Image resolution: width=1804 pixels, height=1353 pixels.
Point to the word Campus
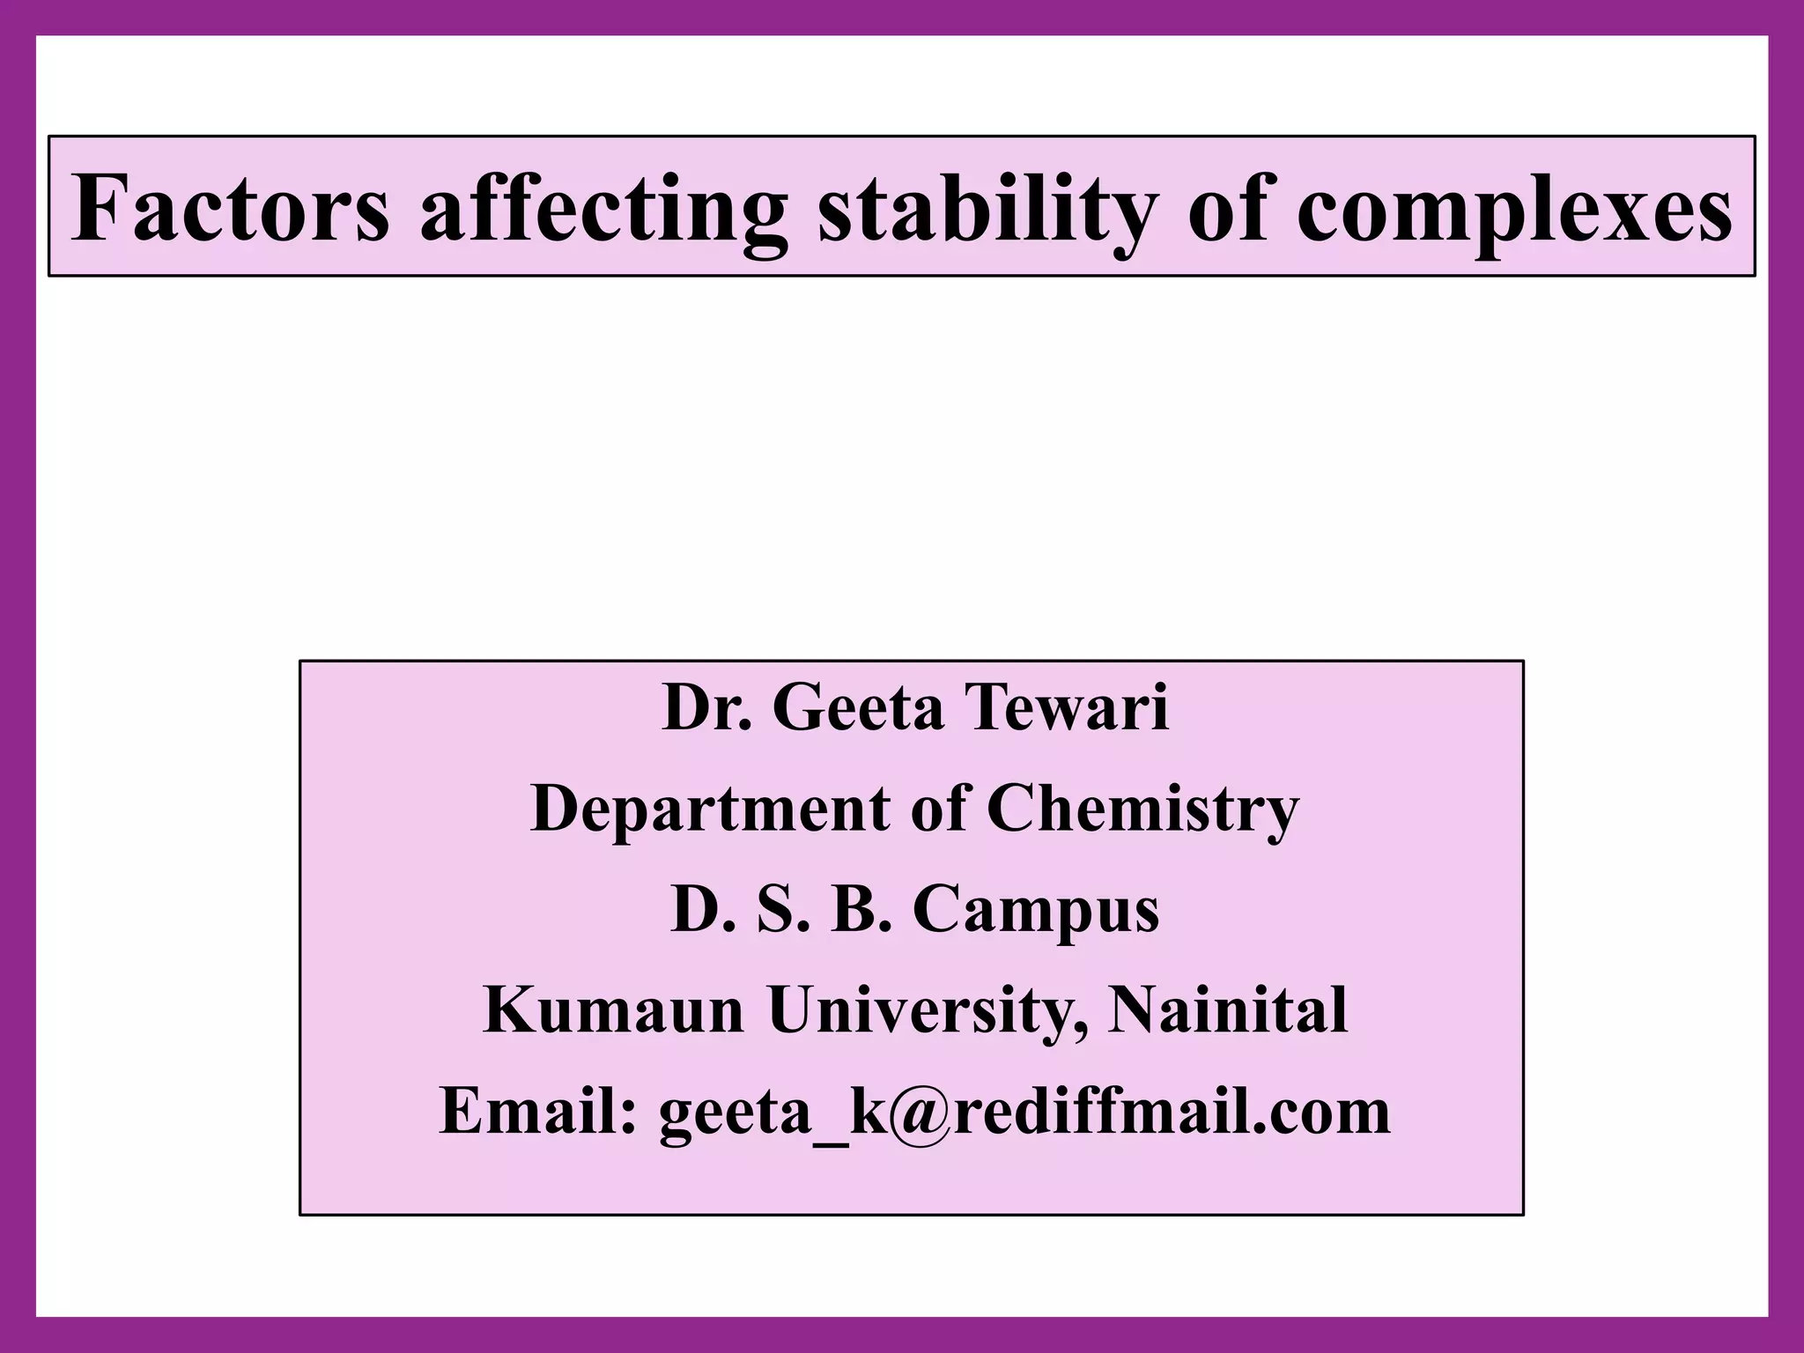[x=1036, y=912]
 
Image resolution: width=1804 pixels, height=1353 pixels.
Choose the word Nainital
[x=1227, y=1010]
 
